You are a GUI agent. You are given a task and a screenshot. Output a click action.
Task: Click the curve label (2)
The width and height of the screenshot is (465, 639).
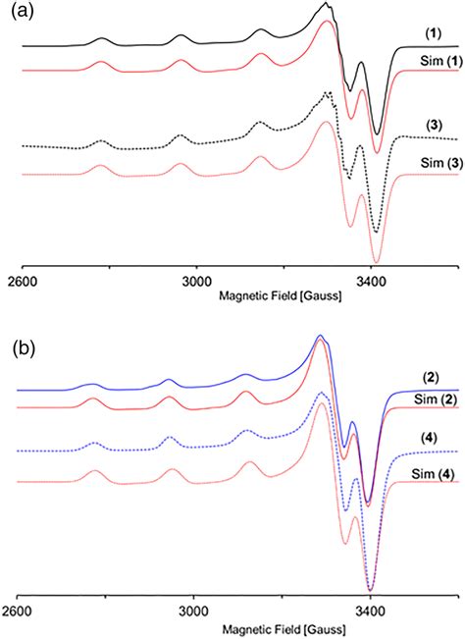tap(428, 376)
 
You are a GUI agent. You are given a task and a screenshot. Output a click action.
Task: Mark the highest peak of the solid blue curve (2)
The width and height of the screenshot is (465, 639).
tap(319, 337)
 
